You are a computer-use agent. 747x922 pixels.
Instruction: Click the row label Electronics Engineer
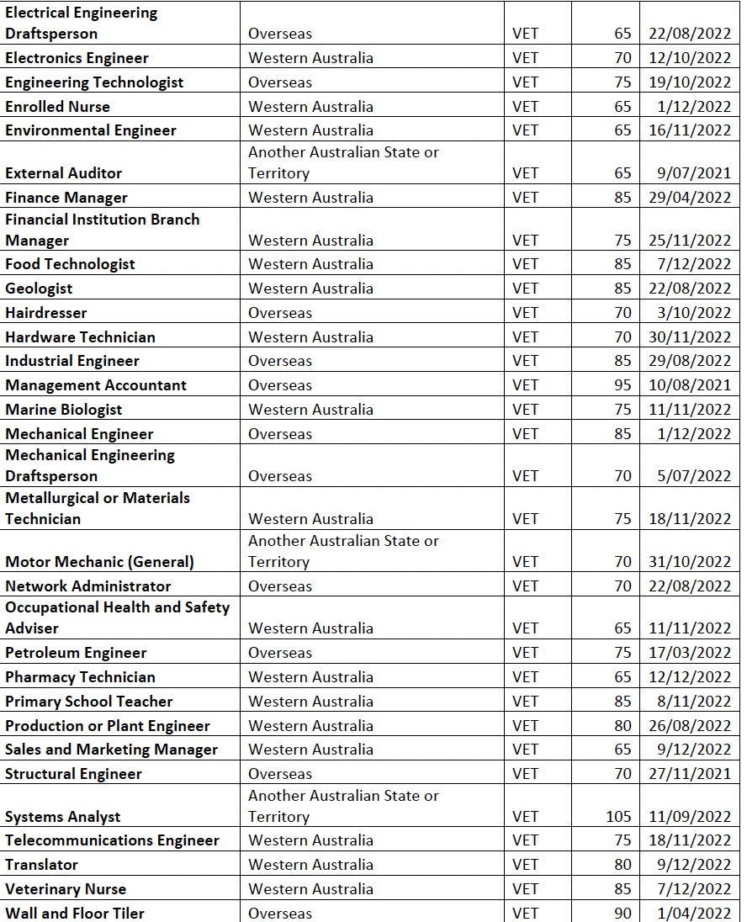[77, 58]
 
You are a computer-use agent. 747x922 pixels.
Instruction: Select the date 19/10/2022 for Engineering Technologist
[690, 82]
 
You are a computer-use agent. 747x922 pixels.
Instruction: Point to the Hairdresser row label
[46, 313]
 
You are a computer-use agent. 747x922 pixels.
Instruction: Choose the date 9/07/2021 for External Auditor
[694, 173]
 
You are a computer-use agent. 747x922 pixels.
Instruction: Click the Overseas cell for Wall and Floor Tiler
[280, 914]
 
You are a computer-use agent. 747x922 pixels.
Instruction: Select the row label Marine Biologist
[64, 410]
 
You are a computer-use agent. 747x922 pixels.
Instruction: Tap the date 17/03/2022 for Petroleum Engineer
[690, 653]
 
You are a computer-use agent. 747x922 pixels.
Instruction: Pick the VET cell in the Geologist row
[525, 289]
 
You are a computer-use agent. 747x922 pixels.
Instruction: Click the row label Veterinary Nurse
[66, 889]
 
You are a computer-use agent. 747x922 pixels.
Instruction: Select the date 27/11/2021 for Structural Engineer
[690, 774]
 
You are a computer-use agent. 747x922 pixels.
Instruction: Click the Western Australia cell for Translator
[310, 865]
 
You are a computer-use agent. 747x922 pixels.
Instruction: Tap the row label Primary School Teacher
[89, 702]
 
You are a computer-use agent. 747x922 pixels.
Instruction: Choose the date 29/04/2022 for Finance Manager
[690, 198]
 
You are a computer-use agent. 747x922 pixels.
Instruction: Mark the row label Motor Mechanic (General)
[99, 562]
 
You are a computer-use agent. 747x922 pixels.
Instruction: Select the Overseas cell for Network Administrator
[280, 586]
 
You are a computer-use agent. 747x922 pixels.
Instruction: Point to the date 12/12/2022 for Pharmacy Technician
[690, 677]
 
